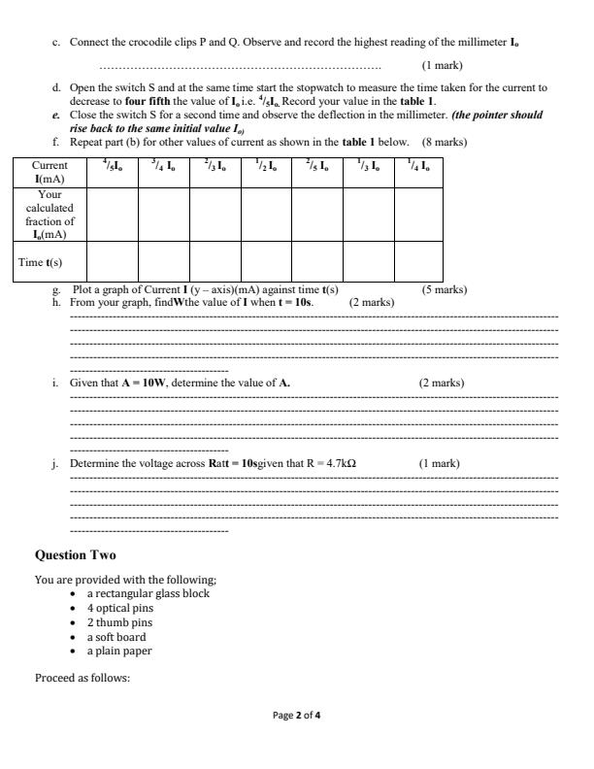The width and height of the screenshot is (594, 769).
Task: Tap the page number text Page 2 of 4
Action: click(x=296, y=717)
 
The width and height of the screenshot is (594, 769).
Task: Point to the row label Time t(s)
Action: click(x=43, y=261)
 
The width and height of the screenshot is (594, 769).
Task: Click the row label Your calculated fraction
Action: click(x=43, y=215)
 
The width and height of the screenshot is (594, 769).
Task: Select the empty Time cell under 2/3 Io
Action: click(x=214, y=261)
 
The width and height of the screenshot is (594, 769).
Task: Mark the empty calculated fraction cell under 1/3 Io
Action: click(x=368, y=215)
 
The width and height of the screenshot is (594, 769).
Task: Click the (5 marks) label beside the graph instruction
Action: click(x=444, y=289)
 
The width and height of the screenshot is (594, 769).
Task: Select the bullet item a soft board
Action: click(x=116, y=637)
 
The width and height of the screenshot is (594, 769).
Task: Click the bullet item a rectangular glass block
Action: click(x=148, y=593)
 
